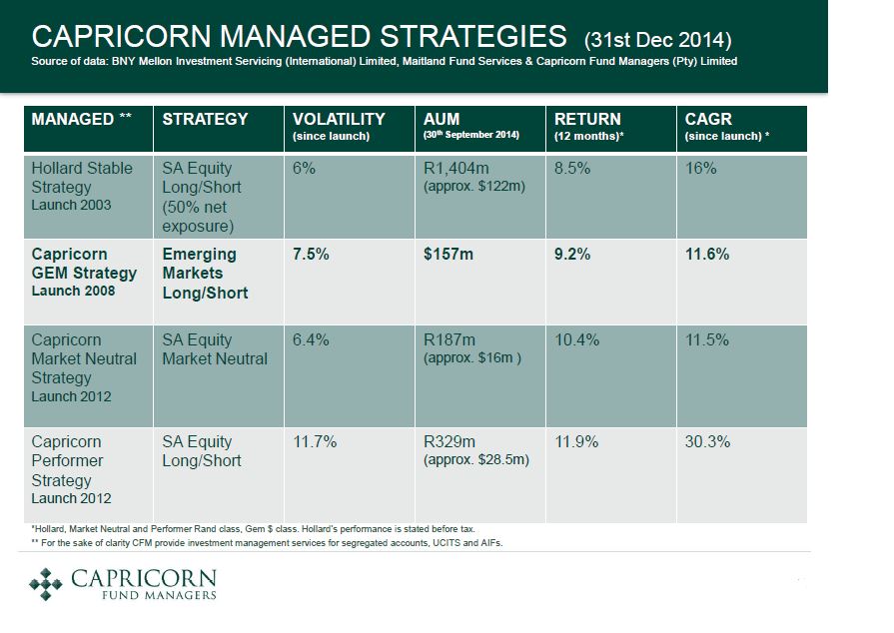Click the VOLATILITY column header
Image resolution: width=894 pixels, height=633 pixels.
coord(339,119)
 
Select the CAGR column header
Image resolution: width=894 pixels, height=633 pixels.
coord(708,119)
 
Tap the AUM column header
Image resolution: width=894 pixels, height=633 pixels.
coord(442,119)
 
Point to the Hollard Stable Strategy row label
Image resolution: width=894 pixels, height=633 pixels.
coord(82,177)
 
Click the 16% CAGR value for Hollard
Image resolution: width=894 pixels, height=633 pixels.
coord(700,168)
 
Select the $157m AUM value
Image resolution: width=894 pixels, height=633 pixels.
coord(448,255)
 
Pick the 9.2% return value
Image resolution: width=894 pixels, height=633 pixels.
coord(572,255)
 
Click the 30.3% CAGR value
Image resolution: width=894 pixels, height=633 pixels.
coord(707,441)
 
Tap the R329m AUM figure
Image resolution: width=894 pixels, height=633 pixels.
coord(449,441)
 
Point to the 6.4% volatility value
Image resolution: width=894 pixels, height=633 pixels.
coord(311,340)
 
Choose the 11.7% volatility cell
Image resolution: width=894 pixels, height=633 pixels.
coord(315,441)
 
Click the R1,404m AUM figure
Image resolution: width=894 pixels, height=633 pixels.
coord(456,168)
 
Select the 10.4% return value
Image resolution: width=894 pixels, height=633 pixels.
coord(576,340)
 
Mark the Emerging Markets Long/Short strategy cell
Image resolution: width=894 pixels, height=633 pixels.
coord(205,274)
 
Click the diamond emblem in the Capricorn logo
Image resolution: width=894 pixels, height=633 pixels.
coord(46,584)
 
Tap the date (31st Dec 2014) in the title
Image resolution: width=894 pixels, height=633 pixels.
coord(657,40)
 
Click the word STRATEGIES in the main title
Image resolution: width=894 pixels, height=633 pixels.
coord(473,37)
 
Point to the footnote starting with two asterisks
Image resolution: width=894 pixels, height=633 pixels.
coord(267,543)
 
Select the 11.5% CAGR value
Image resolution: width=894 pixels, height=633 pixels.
coord(707,340)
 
